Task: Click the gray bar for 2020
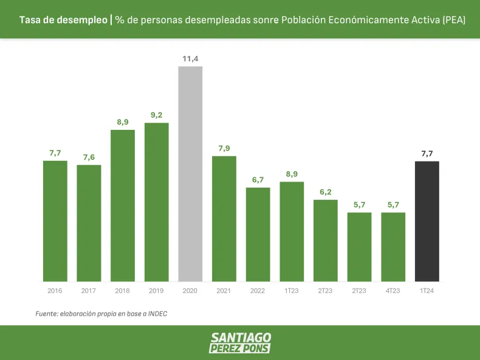click(190, 174)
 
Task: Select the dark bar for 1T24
click(427, 221)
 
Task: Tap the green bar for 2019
click(156, 202)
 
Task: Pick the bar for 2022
click(258, 234)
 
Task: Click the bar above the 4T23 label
click(393, 246)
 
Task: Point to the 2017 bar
click(89, 223)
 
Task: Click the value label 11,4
click(190, 58)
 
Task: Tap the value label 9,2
click(156, 115)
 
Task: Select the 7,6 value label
click(89, 157)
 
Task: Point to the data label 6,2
click(326, 192)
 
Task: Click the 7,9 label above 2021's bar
click(224, 148)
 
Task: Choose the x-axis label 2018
click(123, 291)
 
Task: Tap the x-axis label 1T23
click(292, 291)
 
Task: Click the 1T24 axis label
click(427, 291)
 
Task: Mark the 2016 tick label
click(55, 291)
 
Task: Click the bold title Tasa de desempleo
click(63, 20)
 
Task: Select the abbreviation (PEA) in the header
click(454, 20)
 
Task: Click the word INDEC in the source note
click(156, 314)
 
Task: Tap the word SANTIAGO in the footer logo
click(241, 338)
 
